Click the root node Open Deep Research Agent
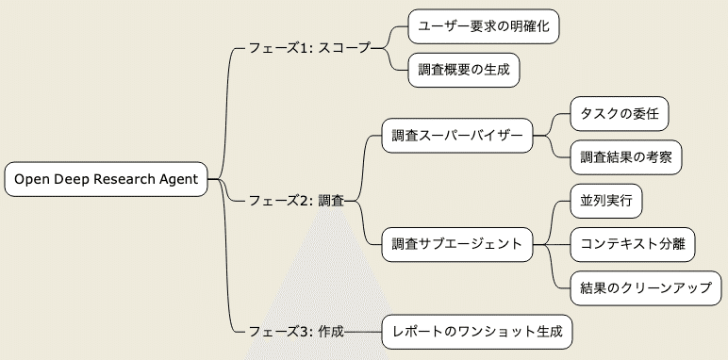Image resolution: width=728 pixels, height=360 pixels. tap(106, 179)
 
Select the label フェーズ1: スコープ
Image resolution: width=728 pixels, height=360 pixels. tap(308, 46)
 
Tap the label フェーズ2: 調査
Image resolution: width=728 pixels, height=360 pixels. tap(295, 200)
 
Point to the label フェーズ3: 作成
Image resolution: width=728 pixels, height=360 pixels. tap(295, 332)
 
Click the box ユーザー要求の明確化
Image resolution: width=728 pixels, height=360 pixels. tap(483, 25)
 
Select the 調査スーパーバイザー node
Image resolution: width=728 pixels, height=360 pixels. tap(456, 136)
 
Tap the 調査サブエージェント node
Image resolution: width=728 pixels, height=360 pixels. tap(456, 244)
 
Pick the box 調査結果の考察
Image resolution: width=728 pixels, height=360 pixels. tap(625, 156)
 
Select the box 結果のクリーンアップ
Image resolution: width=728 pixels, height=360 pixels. tap(646, 287)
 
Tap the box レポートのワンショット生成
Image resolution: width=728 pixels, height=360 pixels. tap(476, 332)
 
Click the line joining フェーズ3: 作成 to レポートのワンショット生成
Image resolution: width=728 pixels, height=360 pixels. tap(363, 332)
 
